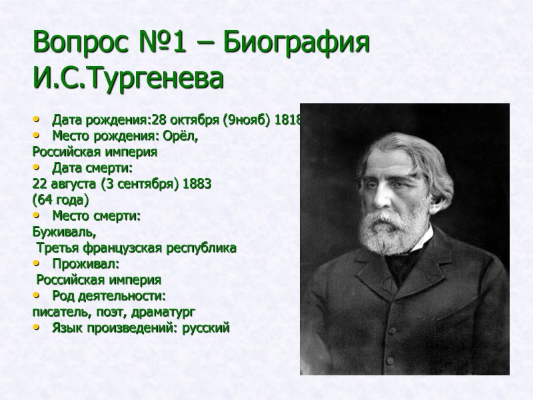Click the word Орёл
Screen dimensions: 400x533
185,136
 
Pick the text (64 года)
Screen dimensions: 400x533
61,199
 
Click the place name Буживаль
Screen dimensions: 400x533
64,232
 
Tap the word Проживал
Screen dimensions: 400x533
85,264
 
